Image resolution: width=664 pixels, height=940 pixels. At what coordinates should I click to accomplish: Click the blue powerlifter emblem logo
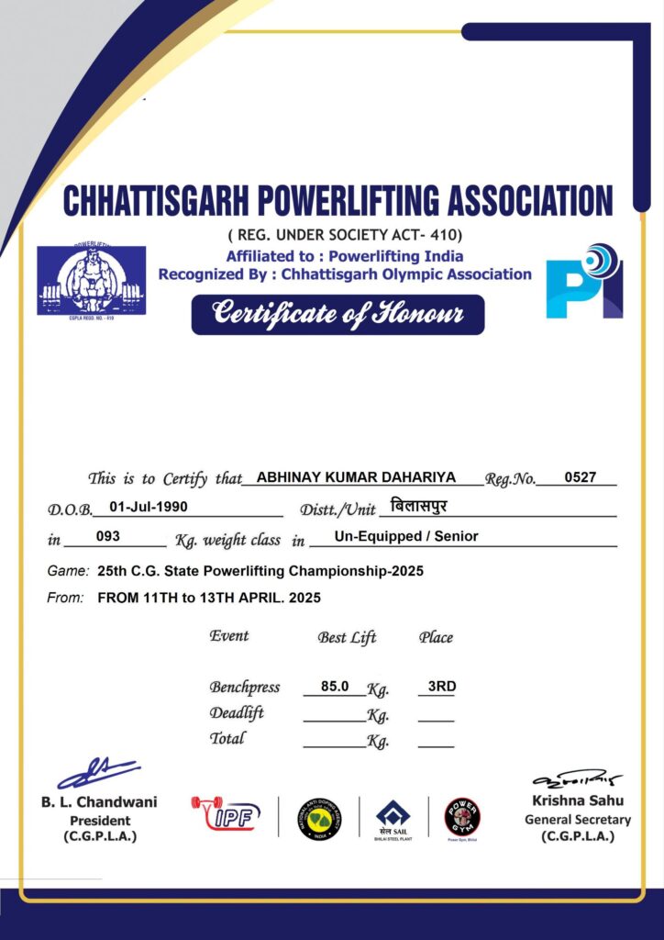91,280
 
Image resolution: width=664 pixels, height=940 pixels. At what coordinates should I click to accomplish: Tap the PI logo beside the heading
584,281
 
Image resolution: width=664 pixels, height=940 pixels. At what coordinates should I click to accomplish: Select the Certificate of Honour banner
338,315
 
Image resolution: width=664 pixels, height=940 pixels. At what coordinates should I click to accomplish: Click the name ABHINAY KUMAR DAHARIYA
357,477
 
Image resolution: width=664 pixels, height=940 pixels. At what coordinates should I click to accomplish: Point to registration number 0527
580,477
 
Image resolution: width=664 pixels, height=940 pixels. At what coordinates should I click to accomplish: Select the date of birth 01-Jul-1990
149,506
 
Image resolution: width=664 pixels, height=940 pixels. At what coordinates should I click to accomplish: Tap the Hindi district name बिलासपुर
418,506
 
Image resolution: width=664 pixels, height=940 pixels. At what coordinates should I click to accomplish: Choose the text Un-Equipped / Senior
406,536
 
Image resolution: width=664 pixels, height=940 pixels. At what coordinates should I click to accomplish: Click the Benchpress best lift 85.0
335,686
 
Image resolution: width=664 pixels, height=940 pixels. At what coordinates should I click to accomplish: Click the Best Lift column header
347,637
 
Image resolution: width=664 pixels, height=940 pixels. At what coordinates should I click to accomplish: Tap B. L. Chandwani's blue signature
97,773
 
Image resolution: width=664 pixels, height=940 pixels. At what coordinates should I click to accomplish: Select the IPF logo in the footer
227,813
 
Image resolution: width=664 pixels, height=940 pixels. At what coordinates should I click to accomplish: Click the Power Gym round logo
462,817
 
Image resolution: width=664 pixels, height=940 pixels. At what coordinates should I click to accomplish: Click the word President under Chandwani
100,821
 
